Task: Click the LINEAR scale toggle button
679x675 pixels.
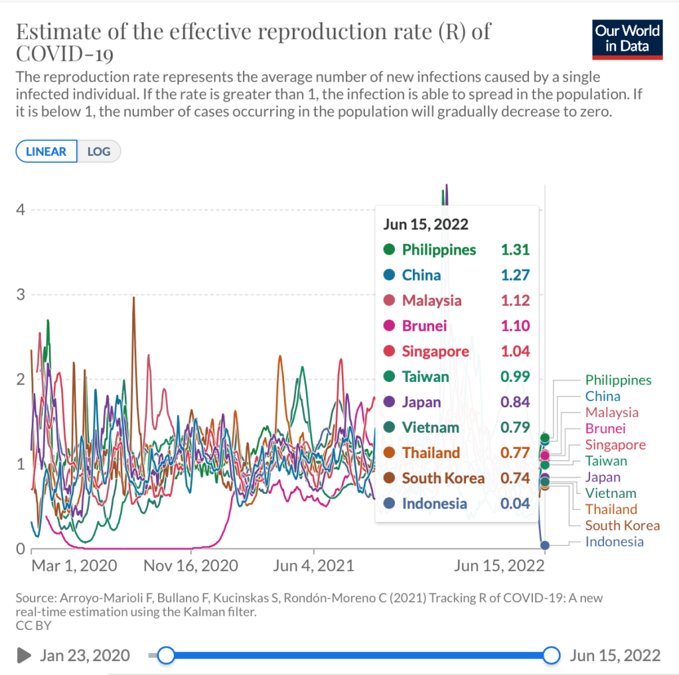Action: [x=46, y=151]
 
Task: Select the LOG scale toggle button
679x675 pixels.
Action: [x=99, y=151]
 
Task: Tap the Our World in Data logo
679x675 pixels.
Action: [x=627, y=38]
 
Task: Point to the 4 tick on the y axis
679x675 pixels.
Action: [x=20, y=210]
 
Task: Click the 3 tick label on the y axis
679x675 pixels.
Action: [x=20, y=294]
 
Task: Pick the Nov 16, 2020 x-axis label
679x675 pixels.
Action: [x=191, y=566]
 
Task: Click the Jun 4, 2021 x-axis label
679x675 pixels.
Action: [x=313, y=566]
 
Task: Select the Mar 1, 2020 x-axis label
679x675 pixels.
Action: [x=74, y=566]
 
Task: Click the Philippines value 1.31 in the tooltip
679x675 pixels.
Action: [x=515, y=249]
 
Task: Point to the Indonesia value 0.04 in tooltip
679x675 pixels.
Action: [x=515, y=503]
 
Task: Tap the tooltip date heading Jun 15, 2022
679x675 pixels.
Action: [x=425, y=224]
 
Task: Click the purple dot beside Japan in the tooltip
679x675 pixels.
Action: [x=390, y=402]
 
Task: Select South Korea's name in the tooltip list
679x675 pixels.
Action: [x=443, y=478]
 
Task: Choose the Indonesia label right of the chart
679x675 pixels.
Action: [x=614, y=542]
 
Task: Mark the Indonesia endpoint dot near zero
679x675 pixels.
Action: [x=545, y=545]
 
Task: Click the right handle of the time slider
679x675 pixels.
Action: [x=551, y=655]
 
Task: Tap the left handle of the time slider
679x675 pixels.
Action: [x=166, y=655]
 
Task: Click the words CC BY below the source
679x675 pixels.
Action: [x=33, y=625]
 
